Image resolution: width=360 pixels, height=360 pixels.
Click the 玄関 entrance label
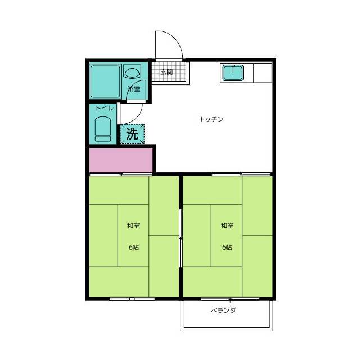point(166,72)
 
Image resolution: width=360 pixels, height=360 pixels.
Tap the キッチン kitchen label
point(211,119)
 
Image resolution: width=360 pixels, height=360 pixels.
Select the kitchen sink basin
point(233,73)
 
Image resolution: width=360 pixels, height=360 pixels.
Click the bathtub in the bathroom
point(105,82)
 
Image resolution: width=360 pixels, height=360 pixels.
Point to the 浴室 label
point(134,89)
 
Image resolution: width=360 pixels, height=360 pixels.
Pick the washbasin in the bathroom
point(132,71)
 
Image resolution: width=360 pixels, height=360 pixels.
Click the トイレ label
point(105,107)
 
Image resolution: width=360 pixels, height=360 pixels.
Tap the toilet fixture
point(103,129)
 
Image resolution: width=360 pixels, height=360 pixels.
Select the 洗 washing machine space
point(132,134)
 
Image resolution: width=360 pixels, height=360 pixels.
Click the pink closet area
point(121,160)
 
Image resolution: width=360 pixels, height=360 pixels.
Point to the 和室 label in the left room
point(133,226)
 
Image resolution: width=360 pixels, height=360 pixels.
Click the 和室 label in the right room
point(227,226)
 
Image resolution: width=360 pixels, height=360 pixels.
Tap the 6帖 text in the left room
point(134,247)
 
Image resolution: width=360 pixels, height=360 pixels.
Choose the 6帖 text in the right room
point(227,247)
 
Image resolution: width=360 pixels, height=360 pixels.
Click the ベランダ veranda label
point(223,310)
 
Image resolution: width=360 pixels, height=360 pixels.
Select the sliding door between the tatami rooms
point(181,238)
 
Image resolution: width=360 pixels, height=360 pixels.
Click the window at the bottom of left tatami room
point(132,299)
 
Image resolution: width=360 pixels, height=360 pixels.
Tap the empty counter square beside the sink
point(263,73)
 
